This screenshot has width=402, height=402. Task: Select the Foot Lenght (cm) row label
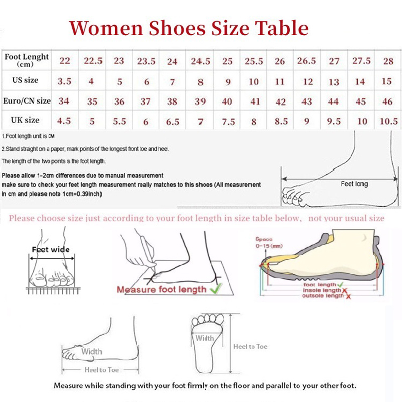(x=26, y=60)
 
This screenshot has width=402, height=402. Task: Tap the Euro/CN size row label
(x=26, y=100)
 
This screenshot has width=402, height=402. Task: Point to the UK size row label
(x=26, y=120)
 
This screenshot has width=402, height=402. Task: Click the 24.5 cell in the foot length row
(x=200, y=61)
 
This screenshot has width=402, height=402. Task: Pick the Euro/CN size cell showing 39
(x=200, y=101)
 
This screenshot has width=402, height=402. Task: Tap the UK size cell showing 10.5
(x=388, y=121)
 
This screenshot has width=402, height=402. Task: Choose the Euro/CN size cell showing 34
(x=64, y=101)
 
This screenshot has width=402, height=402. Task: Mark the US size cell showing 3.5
(x=64, y=81)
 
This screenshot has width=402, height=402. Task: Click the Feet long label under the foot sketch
(x=354, y=184)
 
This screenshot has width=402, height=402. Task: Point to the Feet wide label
(x=51, y=249)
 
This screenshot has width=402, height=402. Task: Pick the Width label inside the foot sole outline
(x=205, y=338)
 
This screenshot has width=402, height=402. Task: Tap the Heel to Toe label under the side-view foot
(x=102, y=370)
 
